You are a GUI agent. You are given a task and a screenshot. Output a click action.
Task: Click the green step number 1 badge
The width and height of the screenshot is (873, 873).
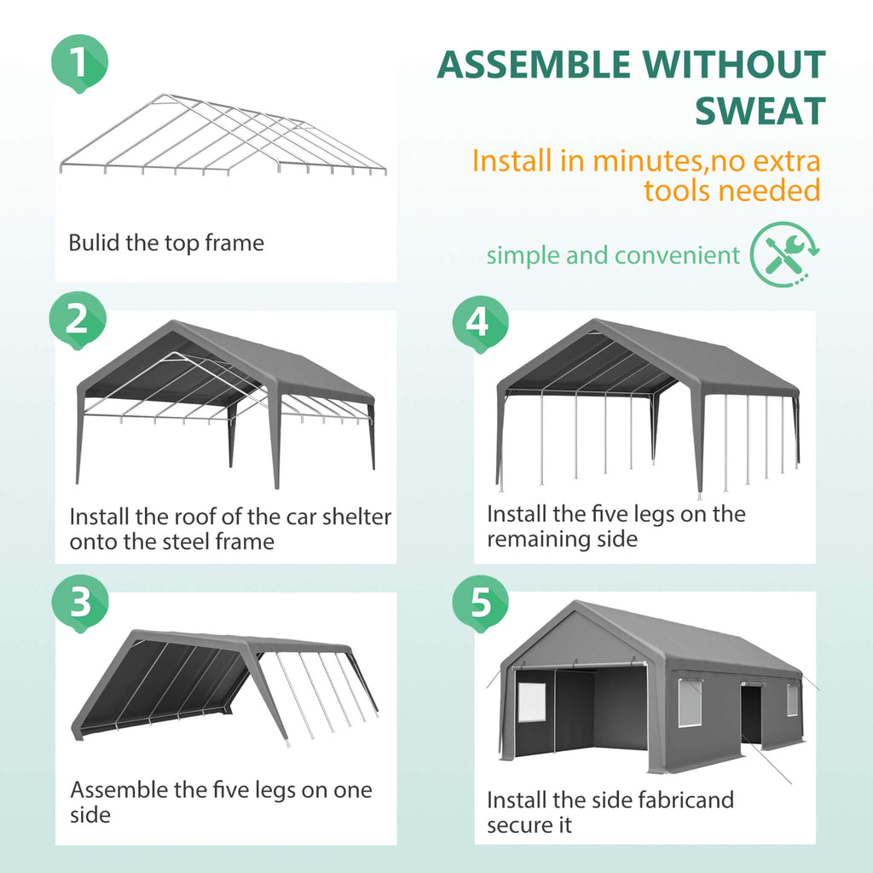[79, 62]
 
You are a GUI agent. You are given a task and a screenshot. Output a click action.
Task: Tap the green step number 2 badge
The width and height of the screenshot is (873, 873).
[78, 320]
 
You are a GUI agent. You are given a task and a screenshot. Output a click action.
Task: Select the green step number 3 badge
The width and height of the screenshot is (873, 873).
[80, 603]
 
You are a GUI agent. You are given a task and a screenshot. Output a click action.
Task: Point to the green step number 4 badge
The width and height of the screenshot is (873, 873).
[479, 322]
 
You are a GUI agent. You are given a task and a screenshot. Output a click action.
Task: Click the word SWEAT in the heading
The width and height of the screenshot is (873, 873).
[760, 111]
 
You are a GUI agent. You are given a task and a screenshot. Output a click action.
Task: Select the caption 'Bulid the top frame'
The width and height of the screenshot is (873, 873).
[166, 243]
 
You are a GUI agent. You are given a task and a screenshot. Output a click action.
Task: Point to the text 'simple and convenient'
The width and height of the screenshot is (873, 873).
[613, 255]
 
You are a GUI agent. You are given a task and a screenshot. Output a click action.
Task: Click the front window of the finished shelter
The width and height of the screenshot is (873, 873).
[529, 701]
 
